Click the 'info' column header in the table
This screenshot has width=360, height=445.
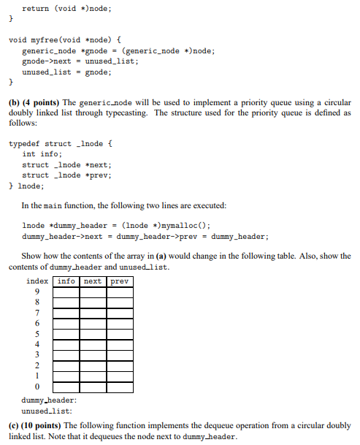[66, 281]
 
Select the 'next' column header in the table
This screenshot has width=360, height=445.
[93, 281]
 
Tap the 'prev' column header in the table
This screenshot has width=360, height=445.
[120, 281]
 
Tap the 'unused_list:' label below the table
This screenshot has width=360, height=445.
[47, 411]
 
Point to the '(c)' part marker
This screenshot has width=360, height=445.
[14, 425]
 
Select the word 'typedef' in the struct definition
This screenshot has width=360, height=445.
[24, 144]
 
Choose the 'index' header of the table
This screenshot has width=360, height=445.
[38, 281]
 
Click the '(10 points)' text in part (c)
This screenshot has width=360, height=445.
[44, 425]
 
